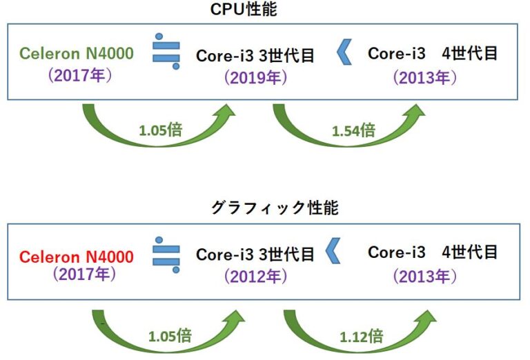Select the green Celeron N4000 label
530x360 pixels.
tap(76, 53)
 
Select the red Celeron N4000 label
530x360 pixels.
tap(76, 257)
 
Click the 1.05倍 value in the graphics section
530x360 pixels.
tap(170, 336)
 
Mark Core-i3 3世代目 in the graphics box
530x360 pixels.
tap(255, 254)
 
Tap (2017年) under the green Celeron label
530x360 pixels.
tap(80, 74)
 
